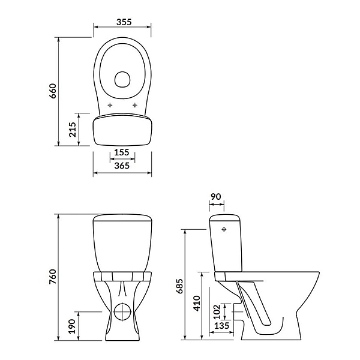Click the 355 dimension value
[123, 23]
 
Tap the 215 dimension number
[73, 129]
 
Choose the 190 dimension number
[73, 327]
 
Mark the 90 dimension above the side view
[217, 197]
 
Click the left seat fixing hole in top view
[110, 106]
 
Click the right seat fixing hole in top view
[135, 106]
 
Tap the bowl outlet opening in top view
[123, 79]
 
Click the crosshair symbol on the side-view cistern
[225, 229]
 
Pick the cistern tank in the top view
[122, 130]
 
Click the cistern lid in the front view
[122, 217]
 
